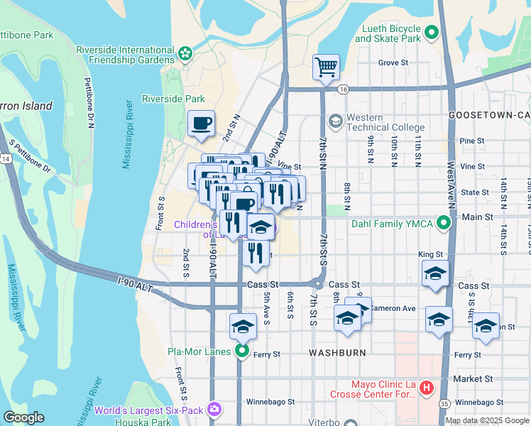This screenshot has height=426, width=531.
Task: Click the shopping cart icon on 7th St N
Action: (x=326, y=67)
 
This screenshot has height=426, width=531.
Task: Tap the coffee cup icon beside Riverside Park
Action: (x=201, y=124)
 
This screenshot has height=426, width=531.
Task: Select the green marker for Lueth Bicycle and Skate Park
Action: (x=432, y=32)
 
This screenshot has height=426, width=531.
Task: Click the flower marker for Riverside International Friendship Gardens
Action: (x=185, y=53)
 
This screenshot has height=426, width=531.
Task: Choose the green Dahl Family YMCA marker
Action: (x=444, y=224)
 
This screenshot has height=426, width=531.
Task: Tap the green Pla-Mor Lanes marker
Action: (x=242, y=351)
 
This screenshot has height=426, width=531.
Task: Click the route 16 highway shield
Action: (x=344, y=89)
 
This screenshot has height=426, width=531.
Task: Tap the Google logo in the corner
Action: (x=23, y=417)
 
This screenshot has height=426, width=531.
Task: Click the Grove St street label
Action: (x=393, y=62)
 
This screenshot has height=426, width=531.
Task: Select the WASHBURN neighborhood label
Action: (x=337, y=352)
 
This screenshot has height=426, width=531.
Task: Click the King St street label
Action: (x=430, y=253)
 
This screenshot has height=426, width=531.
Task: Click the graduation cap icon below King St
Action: (x=435, y=274)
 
